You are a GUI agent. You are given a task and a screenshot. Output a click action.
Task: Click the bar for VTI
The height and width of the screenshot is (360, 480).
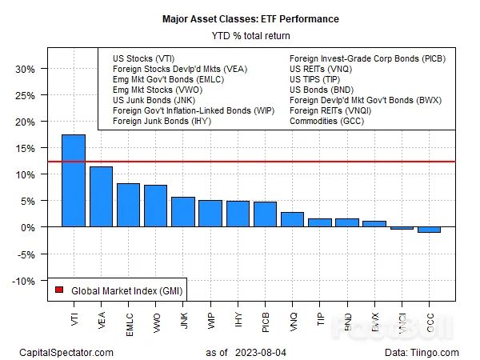coord(74,181)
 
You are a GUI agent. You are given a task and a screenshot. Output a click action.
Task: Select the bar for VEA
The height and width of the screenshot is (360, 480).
coord(101,197)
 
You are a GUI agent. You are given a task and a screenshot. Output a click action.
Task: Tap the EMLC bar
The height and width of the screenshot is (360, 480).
coord(128,206)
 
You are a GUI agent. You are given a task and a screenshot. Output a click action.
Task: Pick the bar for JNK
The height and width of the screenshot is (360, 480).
coord(183,212)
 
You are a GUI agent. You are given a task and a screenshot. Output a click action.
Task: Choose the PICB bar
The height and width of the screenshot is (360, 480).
coord(265,214)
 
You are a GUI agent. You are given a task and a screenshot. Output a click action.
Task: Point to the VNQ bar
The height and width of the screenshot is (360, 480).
coord(292,220)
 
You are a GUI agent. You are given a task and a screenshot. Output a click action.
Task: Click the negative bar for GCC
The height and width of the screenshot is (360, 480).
coord(429,230)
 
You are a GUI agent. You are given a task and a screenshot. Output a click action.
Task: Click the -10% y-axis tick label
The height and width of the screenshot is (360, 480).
coord(23,281)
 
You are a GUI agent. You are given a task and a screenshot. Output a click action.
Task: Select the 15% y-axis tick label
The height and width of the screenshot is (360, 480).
coord(25,148)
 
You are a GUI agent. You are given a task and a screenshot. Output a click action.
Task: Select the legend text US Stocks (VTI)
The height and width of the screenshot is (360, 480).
coord(144,58)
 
